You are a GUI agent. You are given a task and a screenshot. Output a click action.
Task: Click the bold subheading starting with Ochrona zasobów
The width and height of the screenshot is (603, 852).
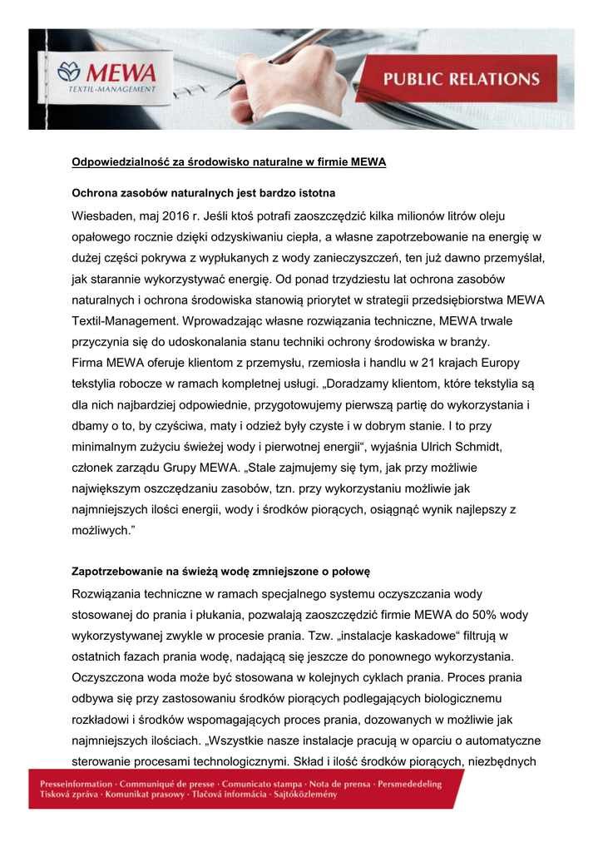203,193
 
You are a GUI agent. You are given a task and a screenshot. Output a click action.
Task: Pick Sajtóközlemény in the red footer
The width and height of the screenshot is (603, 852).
299,795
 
